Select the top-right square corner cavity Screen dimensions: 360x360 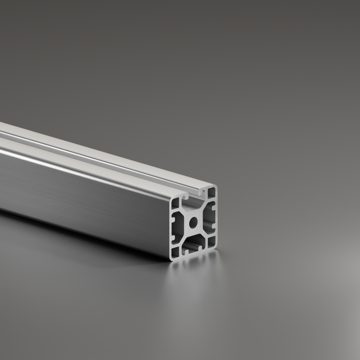point(211,192)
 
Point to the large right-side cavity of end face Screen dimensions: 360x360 point(209,217)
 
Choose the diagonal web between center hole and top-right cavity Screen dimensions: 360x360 point(202,208)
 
